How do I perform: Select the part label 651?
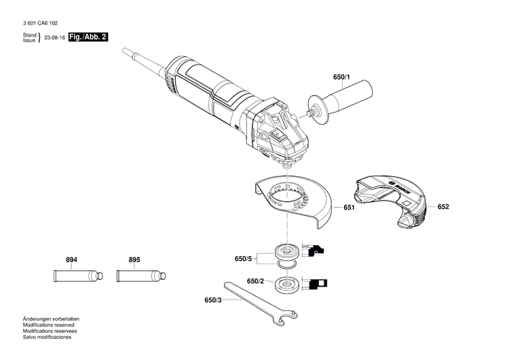pyautogui.click(x=349, y=208)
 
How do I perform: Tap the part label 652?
pyautogui.click(x=443, y=206)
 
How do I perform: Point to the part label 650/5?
pyautogui.click(x=243, y=259)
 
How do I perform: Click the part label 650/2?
pyautogui.click(x=255, y=281)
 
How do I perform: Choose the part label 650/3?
pyautogui.click(x=212, y=300)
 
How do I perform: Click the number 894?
pyautogui.click(x=72, y=260)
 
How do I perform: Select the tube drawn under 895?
pyautogui.click(x=140, y=276)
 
